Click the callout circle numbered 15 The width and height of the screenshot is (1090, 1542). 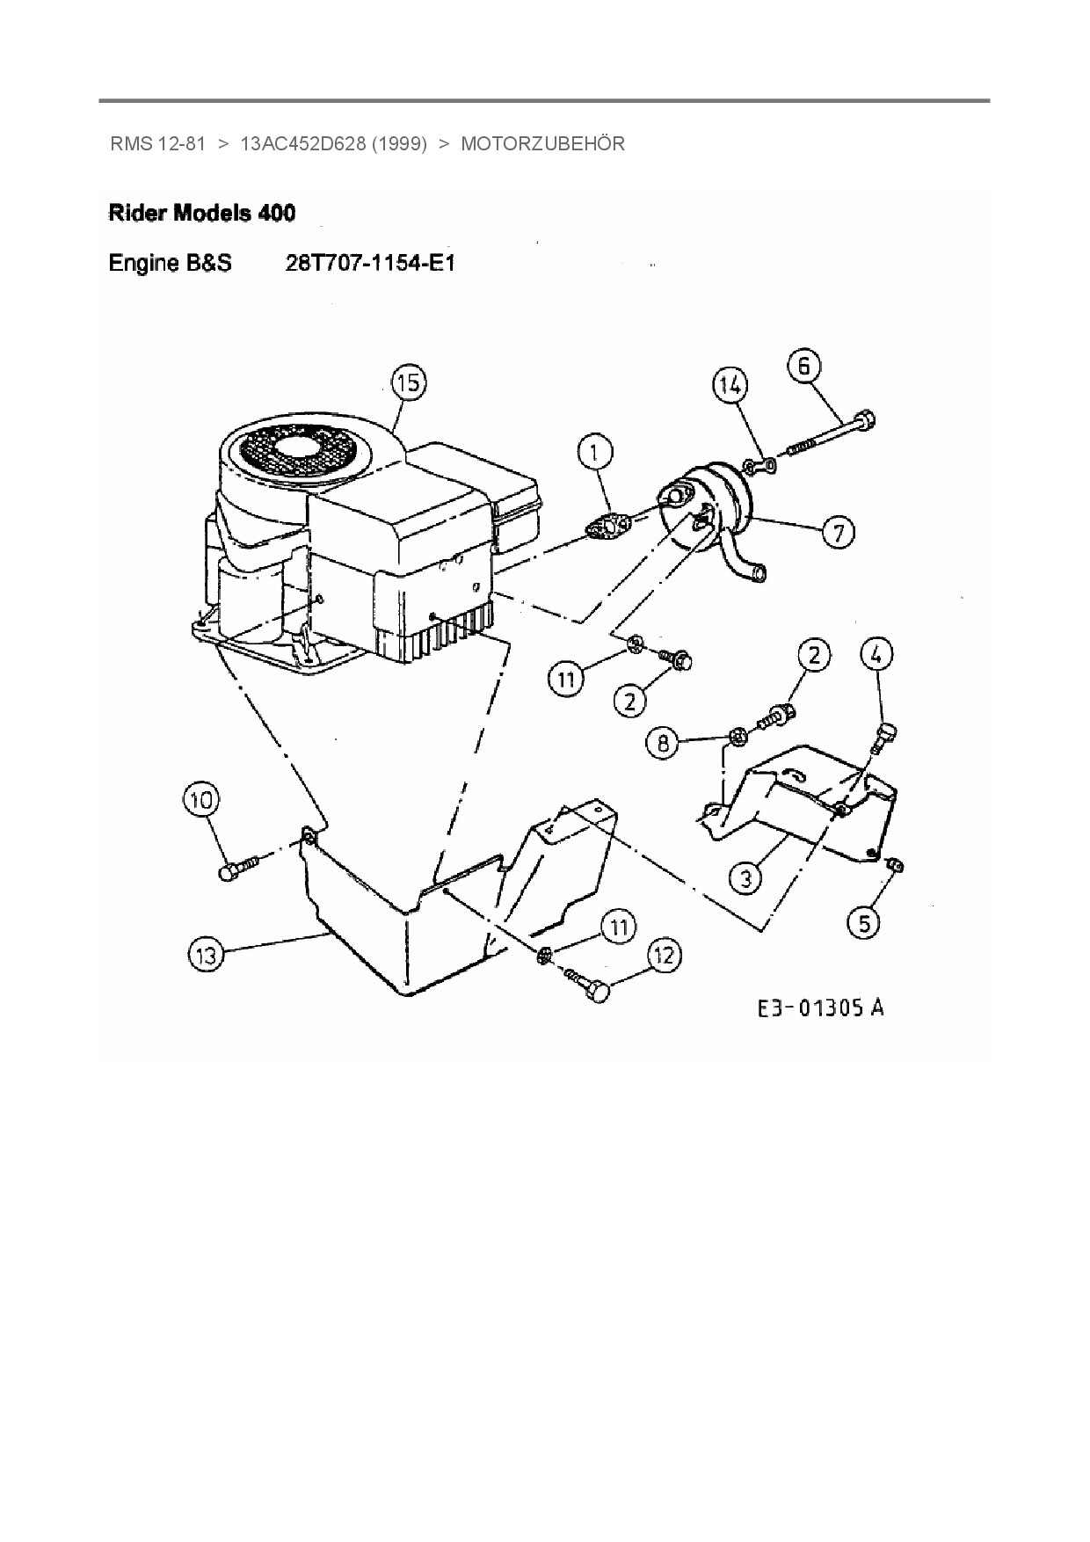click(x=408, y=383)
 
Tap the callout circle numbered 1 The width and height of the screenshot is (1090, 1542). click(x=595, y=453)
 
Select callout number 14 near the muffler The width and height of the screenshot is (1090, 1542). click(x=729, y=384)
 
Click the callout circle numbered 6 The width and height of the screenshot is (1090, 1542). click(x=804, y=365)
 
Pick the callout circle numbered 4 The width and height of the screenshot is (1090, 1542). click(x=876, y=654)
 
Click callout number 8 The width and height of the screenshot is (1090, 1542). click(x=663, y=743)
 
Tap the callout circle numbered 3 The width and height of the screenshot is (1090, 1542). click(x=745, y=877)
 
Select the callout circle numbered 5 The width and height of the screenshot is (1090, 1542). click(x=864, y=922)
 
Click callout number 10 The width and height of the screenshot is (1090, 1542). click(x=201, y=800)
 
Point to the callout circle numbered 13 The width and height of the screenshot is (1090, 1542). click(x=206, y=955)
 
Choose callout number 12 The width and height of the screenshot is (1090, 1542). click(x=664, y=956)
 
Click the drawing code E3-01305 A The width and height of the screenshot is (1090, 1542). click(x=821, y=1007)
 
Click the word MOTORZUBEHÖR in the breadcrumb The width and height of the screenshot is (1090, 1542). click(x=542, y=144)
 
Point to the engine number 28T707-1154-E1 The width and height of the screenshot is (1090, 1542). click(x=370, y=263)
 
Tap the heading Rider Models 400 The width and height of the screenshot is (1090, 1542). click(x=201, y=213)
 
